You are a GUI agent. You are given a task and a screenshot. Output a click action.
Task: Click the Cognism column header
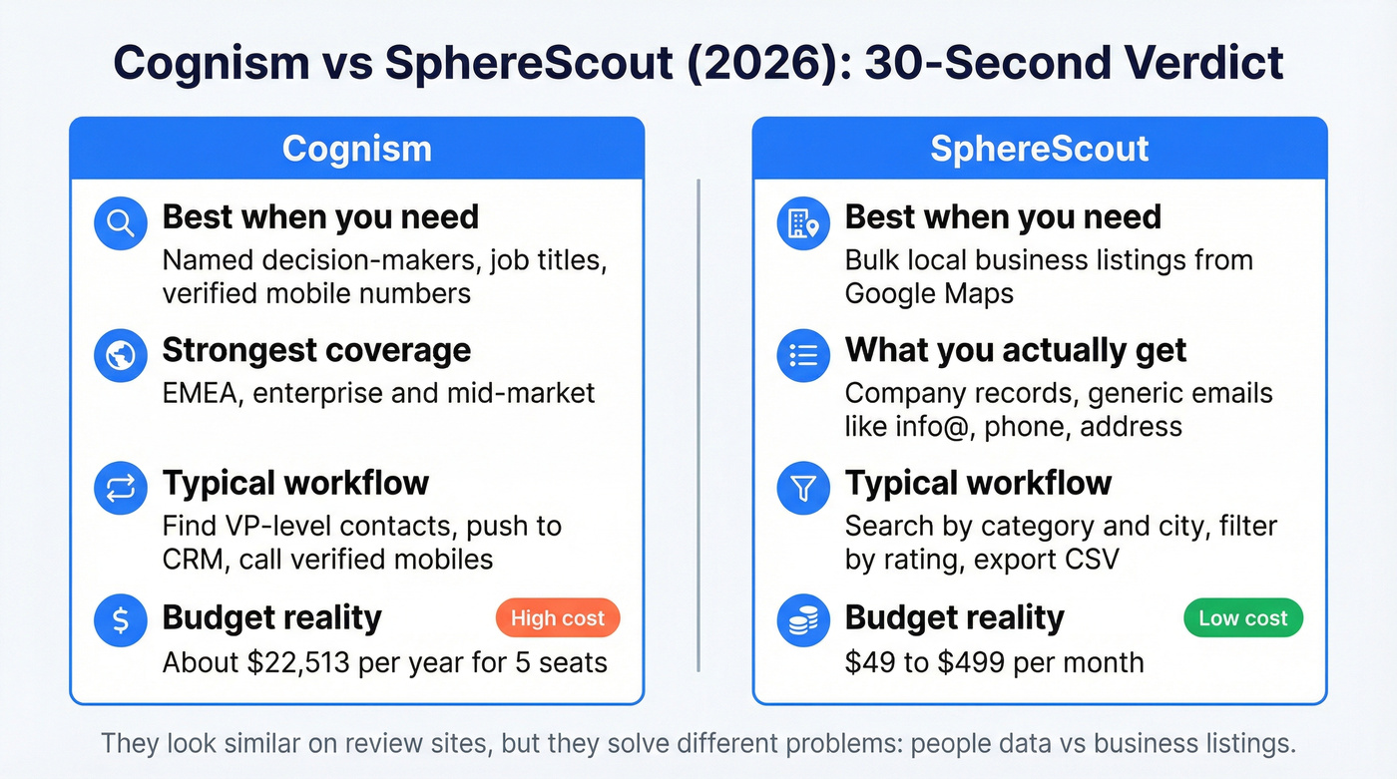(x=356, y=149)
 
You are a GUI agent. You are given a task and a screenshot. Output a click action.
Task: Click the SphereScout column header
(x=1039, y=149)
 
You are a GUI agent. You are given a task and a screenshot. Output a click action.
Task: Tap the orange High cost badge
(x=557, y=618)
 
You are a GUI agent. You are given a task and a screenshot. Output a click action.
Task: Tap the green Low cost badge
(x=1242, y=618)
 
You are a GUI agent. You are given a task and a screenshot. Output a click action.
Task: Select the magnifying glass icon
(x=120, y=223)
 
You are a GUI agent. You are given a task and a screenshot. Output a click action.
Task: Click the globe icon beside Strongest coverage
(x=120, y=356)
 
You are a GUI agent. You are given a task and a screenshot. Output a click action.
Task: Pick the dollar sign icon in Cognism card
(x=120, y=620)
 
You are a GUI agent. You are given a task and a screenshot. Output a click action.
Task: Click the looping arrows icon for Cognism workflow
(x=120, y=489)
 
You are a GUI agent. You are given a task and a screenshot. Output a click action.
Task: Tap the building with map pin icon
(x=803, y=223)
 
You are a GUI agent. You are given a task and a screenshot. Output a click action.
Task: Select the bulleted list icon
(x=803, y=356)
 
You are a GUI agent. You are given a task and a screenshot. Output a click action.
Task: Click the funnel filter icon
(x=803, y=489)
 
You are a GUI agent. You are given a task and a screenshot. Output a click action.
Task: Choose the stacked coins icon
(x=803, y=620)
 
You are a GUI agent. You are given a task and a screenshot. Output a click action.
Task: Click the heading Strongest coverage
(x=316, y=350)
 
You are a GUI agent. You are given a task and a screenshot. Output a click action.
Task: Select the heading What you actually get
(x=1015, y=350)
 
